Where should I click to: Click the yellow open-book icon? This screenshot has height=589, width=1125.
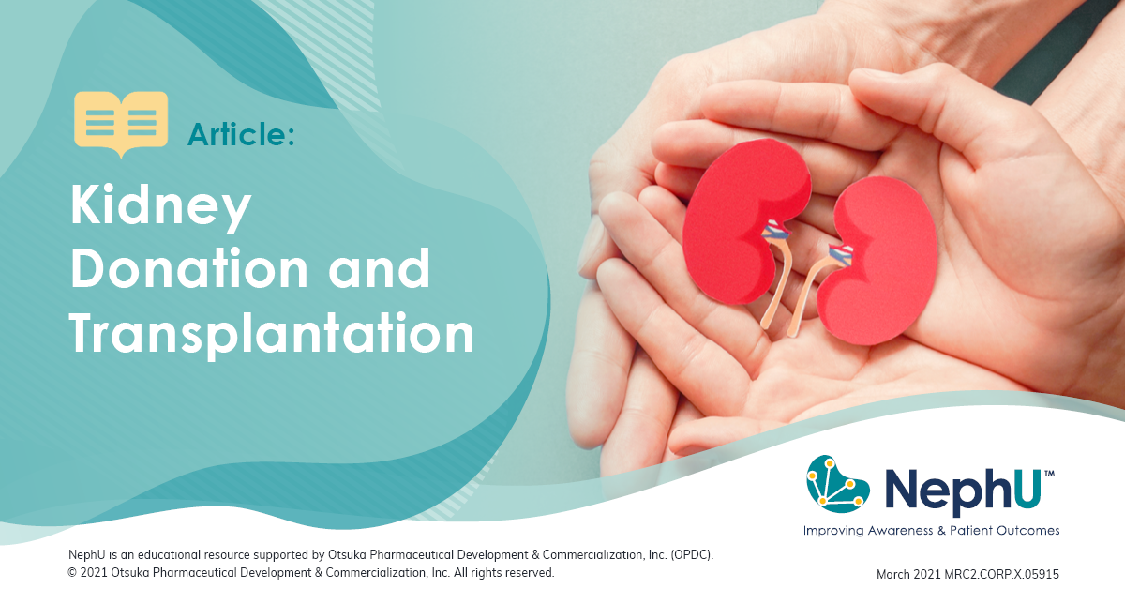[x=121, y=123]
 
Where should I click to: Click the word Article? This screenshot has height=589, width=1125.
[x=241, y=135]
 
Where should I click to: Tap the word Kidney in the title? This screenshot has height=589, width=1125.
[x=161, y=208]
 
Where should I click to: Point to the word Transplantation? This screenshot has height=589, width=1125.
[x=272, y=332]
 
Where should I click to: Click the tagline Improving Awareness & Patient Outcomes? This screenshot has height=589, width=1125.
[x=931, y=531]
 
